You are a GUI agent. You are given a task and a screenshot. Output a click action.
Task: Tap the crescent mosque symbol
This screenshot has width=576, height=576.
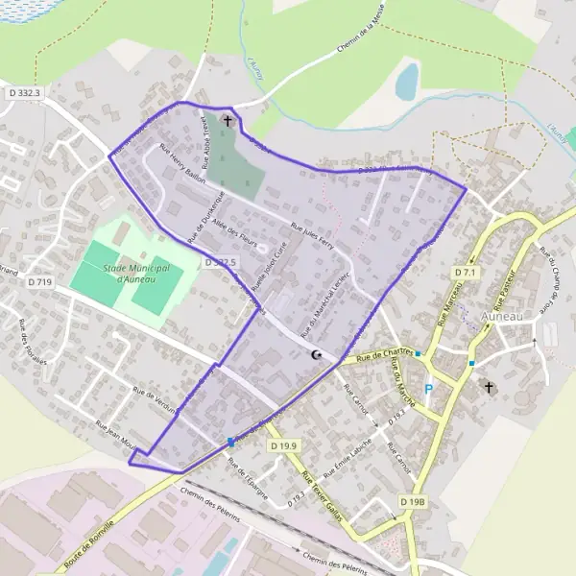[x=316, y=355]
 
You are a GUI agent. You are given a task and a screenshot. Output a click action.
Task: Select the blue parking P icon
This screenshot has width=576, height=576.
[x=428, y=389]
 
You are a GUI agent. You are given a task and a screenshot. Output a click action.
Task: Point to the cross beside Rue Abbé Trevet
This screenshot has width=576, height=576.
[x=228, y=121]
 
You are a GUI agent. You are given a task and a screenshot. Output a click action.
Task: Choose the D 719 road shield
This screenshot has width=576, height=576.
[x=39, y=282]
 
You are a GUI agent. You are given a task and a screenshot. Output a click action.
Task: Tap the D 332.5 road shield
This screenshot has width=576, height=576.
[x=220, y=262]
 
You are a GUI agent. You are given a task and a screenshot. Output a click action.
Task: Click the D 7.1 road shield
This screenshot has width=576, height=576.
[x=465, y=274]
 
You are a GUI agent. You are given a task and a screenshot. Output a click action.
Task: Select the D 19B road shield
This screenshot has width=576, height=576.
[x=412, y=501]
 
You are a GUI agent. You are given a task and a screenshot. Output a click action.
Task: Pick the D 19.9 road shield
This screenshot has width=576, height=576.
[x=284, y=446]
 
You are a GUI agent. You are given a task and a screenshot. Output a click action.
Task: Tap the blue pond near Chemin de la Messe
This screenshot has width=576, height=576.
[x=407, y=81]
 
